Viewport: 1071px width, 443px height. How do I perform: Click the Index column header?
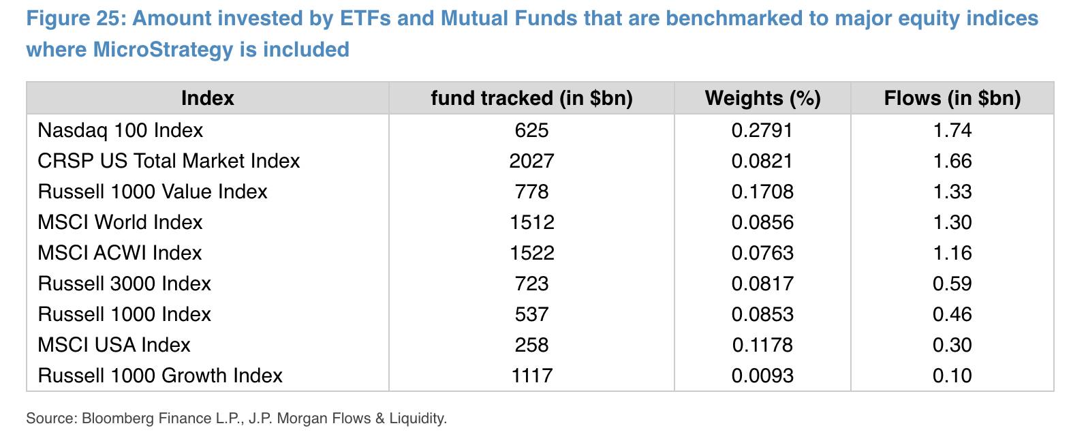pos(207,98)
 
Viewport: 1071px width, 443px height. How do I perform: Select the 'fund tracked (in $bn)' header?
pos(531,98)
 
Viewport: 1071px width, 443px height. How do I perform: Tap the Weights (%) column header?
pos(762,98)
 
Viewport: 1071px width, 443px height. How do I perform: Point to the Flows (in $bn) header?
pos(952,98)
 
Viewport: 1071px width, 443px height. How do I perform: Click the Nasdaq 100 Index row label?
pos(121,130)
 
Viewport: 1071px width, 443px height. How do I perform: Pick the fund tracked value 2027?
pos(531,161)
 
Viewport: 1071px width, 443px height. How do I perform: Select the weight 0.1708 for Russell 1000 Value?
pos(762,192)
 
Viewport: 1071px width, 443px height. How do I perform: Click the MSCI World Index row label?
pos(121,222)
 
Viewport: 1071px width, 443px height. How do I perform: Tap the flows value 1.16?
pos(952,253)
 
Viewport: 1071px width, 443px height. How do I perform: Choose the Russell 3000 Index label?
pos(125,284)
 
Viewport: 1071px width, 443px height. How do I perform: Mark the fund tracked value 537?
pos(531,314)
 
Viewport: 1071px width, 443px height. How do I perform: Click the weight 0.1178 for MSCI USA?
pos(762,345)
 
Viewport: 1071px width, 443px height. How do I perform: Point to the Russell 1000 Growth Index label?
pos(160,376)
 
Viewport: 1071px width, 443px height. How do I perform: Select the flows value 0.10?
pos(952,376)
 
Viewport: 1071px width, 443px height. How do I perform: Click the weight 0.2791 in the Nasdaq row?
pos(762,130)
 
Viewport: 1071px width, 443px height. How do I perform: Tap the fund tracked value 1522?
pos(531,253)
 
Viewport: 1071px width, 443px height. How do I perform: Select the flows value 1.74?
pos(952,130)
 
